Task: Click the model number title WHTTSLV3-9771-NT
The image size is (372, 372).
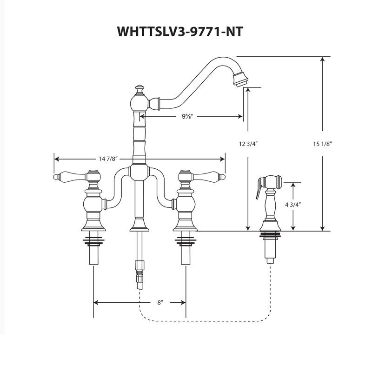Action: tap(179, 31)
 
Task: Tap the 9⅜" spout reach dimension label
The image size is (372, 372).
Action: tap(188, 116)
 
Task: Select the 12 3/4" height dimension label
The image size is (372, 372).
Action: tap(248, 144)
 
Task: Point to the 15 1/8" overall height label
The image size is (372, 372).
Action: tap(322, 144)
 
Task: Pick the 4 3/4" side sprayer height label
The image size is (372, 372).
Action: tap(293, 206)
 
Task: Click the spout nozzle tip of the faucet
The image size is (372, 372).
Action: tap(240, 80)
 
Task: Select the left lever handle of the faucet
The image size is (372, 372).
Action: tap(70, 177)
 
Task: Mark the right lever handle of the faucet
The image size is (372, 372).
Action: tap(209, 177)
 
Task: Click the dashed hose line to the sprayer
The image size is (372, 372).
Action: tap(205, 320)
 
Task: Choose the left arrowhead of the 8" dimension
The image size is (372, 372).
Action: tap(96, 302)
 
